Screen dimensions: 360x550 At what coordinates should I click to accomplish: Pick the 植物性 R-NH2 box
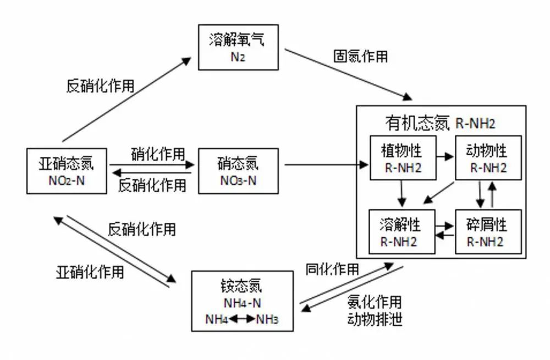tap(403, 157)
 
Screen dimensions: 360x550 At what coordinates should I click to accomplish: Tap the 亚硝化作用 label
tap(90, 271)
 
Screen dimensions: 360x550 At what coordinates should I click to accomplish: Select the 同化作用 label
tap(332, 269)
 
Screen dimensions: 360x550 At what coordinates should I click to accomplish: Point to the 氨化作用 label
tap(374, 302)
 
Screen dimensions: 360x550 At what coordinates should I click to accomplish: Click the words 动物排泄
tap(374, 319)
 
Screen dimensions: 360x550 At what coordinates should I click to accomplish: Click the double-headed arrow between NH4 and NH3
tap(242, 319)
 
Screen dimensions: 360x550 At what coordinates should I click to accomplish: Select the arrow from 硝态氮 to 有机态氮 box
tap(324, 164)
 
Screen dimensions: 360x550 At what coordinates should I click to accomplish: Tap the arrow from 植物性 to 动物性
tap(446, 157)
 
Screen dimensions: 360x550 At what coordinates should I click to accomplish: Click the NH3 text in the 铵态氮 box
tap(267, 319)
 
